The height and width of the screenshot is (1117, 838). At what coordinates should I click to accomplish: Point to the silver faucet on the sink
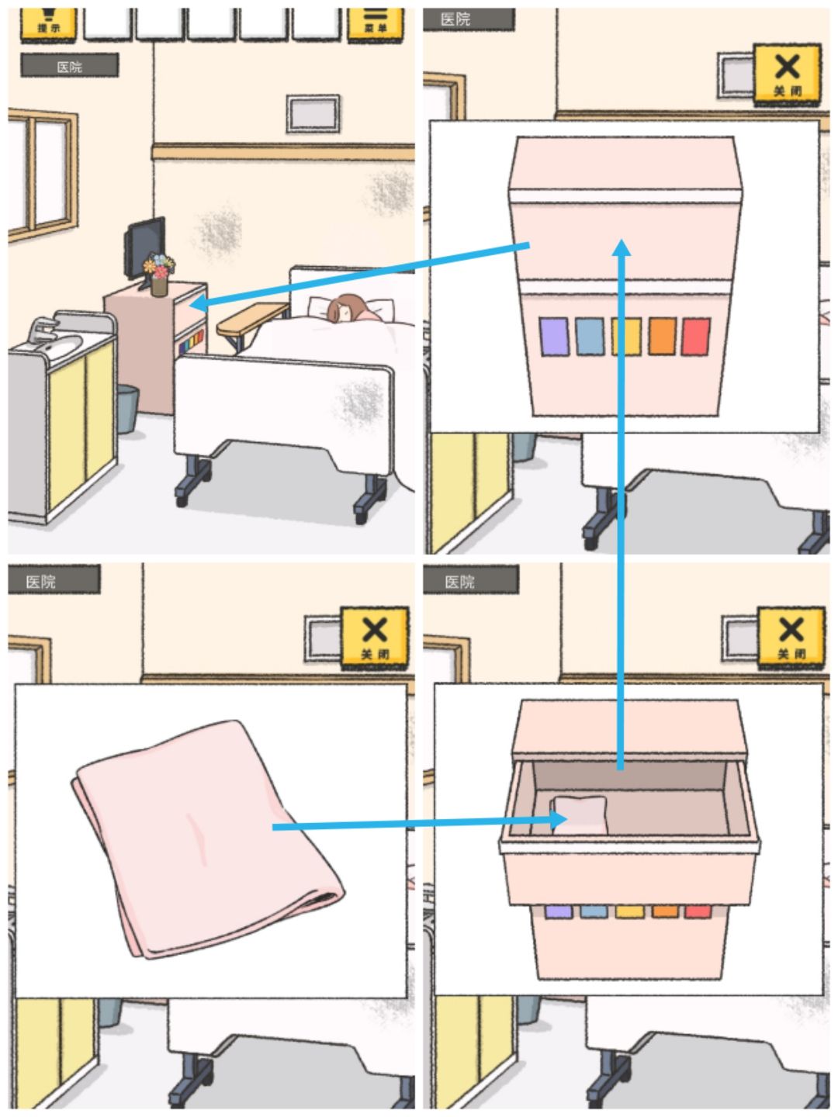(40, 329)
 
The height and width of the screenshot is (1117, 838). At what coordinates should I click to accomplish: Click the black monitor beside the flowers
(145, 244)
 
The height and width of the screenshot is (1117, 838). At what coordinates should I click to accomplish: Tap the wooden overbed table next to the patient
(251, 318)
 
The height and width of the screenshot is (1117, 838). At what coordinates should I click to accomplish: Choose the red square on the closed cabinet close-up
(695, 337)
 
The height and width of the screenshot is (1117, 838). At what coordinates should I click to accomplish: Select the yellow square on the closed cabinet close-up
(625, 337)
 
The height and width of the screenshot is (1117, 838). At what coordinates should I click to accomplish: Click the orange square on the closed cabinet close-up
(662, 337)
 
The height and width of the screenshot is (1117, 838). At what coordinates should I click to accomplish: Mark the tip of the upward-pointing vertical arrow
(621, 247)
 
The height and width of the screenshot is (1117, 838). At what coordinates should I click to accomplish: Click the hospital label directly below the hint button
(69, 67)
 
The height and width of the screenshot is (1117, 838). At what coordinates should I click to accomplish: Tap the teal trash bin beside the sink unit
(127, 409)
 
